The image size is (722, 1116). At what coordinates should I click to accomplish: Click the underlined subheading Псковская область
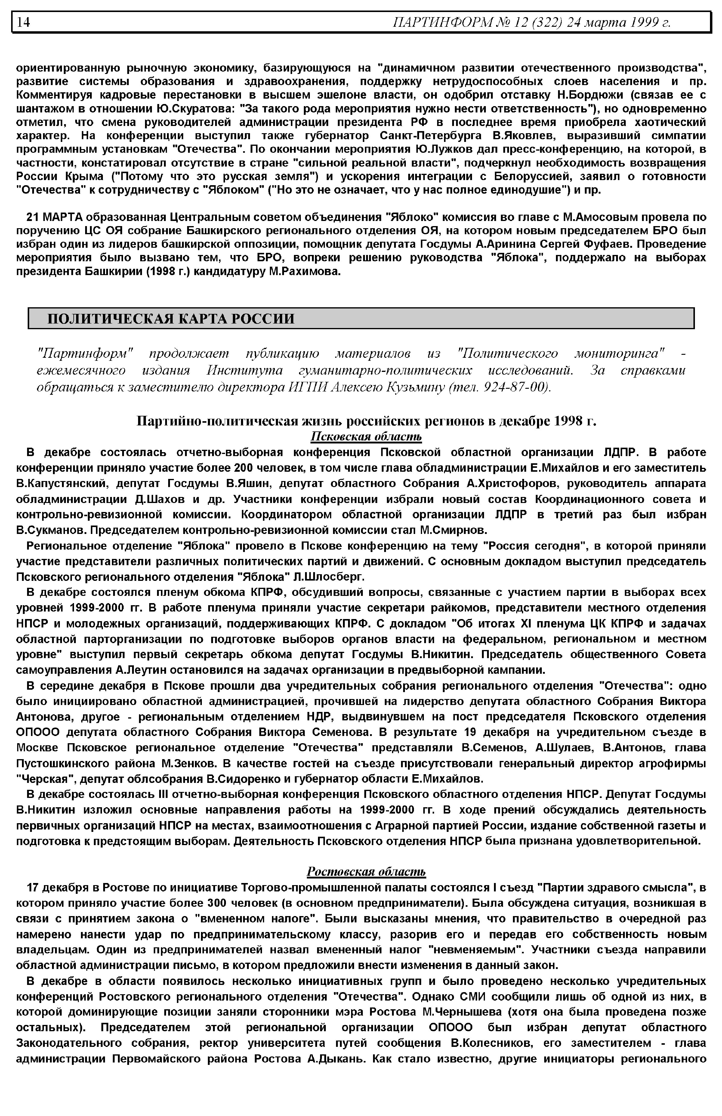click(x=366, y=437)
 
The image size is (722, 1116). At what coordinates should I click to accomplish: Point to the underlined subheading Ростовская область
click(x=366, y=872)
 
